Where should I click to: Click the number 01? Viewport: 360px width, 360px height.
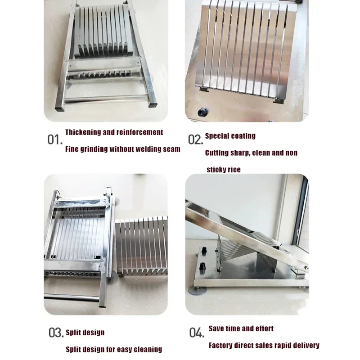55,139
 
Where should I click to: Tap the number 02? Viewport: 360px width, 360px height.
196,139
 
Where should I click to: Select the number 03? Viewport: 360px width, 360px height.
56,333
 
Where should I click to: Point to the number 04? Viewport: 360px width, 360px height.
196,333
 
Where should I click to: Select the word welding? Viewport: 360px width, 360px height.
135,149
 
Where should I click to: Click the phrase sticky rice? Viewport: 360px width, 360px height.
224,170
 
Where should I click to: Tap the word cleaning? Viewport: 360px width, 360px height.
147,349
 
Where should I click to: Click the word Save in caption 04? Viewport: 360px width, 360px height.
217,329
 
